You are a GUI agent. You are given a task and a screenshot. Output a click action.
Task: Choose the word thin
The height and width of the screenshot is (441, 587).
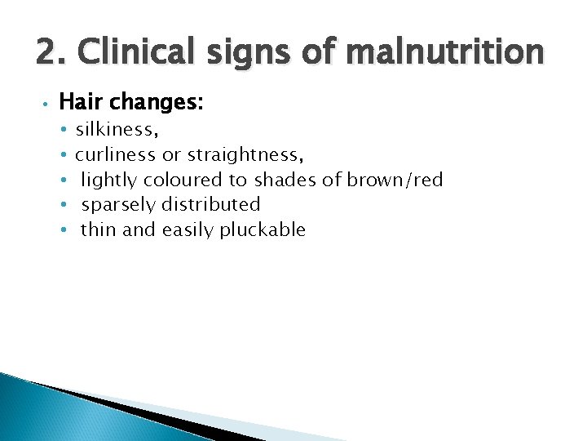(x=99, y=229)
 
